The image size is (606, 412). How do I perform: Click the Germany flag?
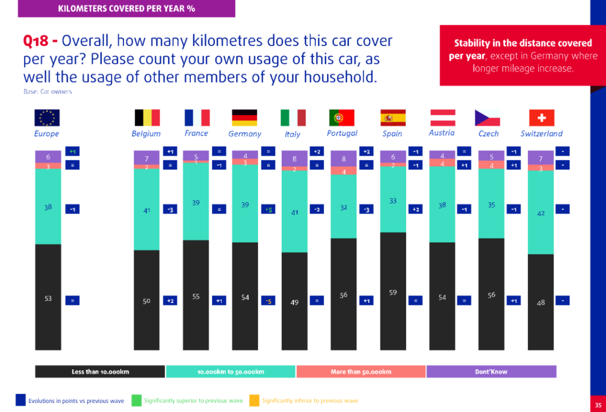click(245, 117)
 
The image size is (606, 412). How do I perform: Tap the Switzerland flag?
click(541, 117)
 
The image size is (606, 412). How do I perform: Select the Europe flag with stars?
click(47, 117)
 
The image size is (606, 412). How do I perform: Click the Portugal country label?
click(342, 133)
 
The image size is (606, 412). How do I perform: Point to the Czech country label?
click(488, 134)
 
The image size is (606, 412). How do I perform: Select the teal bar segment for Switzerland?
click(541, 212)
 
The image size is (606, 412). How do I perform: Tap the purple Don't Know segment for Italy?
click(294, 159)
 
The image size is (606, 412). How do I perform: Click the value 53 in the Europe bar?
click(48, 298)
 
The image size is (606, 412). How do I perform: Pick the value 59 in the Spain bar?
click(393, 292)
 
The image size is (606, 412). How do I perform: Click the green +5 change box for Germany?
click(268, 209)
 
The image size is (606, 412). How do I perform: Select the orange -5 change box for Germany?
click(268, 301)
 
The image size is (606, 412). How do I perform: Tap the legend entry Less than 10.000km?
click(100, 372)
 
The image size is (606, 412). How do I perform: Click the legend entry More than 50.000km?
click(361, 372)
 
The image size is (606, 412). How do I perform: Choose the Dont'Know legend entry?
click(491, 372)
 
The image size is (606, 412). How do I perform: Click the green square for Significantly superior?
click(136, 400)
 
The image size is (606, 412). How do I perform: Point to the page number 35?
click(598, 404)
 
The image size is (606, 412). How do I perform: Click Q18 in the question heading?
click(37, 42)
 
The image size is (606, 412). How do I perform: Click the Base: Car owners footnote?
click(48, 92)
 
